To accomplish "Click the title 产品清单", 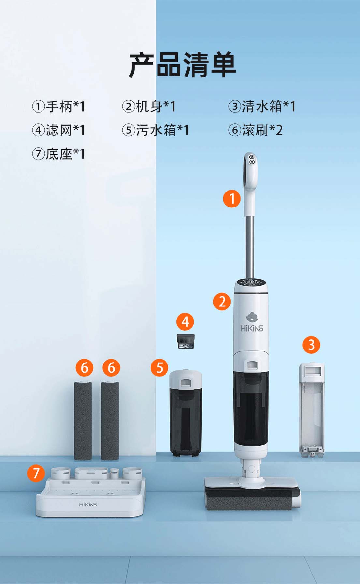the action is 182,65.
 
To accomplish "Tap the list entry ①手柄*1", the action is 59,107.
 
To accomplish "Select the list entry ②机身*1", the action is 149,107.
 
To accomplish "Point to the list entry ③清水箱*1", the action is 262,107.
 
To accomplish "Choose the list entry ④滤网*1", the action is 59,130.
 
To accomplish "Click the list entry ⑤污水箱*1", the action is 156,130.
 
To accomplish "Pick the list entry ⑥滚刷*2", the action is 255,130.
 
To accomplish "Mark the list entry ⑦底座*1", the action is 59,154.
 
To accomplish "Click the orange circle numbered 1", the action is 232,198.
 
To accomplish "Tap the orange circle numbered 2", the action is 222,301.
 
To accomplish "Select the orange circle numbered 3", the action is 311,345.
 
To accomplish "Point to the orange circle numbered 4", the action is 185,322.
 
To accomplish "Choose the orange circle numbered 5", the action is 159,368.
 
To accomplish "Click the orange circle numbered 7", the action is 36,473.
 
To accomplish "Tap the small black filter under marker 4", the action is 186,341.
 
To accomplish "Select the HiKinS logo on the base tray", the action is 88,505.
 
